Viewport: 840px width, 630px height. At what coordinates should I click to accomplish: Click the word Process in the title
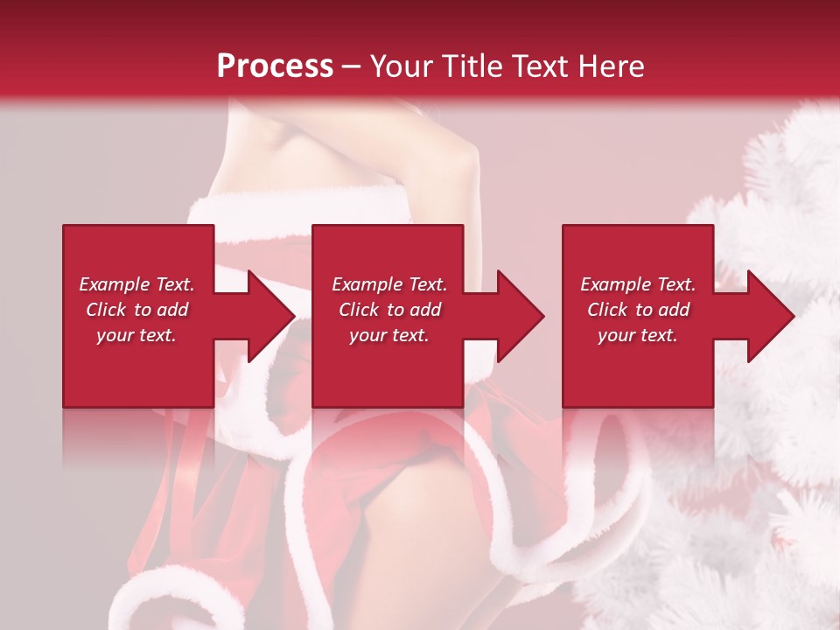tap(275, 66)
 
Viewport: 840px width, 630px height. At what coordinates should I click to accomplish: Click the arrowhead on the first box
tap(271, 316)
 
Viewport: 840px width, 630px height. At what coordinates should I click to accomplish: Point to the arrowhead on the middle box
tap(521, 316)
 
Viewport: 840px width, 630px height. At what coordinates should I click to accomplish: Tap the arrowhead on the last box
tap(771, 316)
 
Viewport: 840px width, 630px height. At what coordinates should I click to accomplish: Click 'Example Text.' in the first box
tap(136, 284)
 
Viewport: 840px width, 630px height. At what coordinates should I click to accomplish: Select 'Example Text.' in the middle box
tap(389, 284)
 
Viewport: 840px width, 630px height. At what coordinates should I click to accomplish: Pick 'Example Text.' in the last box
tap(638, 284)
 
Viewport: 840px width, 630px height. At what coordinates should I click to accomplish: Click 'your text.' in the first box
tap(136, 335)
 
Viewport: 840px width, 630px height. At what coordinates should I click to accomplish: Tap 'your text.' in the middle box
tap(389, 335)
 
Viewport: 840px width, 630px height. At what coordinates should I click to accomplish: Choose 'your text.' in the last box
tap(638, 335)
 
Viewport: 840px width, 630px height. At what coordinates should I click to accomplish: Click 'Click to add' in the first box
tap(136, 310)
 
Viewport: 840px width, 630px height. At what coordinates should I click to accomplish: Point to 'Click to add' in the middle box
tap(389, 310)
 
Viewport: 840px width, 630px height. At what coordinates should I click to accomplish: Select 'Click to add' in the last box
tap(638, 310)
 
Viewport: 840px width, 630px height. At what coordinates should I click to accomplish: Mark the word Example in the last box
tap(616, 284)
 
